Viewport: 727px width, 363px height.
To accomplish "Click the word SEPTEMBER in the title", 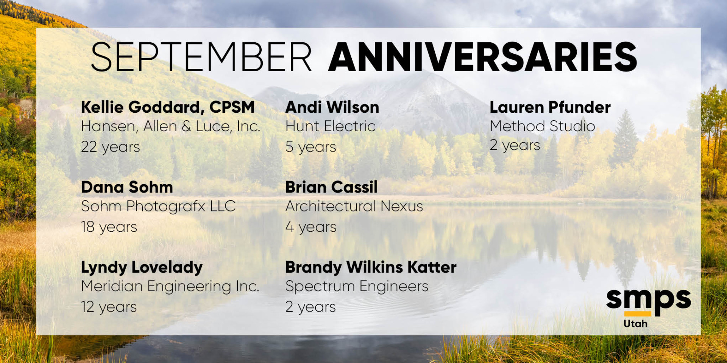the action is [201, 57].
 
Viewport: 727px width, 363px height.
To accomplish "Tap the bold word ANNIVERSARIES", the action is [483, 57].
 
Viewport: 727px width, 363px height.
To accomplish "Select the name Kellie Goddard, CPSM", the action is [168, 107].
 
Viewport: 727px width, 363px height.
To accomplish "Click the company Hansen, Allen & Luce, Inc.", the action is [171, 126].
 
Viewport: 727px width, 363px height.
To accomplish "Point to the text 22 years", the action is [111, 147].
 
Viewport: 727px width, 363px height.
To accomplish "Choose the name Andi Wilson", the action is [332, 107].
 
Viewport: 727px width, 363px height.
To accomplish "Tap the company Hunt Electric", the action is [331, 126].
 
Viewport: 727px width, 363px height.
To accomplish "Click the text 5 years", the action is [311, 147].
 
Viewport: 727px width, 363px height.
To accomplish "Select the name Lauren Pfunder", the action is [550, 107].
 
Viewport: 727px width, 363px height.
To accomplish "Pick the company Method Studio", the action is [543, 126].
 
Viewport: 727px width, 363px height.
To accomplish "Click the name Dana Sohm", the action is [127, 187].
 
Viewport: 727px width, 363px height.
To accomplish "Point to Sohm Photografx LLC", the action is [158, 206].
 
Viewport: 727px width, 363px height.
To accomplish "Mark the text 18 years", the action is [109, 227].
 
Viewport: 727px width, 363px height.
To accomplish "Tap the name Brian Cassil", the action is [331, 187].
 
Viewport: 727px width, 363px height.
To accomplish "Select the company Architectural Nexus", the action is [354, 206].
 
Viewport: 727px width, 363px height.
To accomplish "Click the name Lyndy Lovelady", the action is [142, 268].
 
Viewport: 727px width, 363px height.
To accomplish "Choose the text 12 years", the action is [109, 307].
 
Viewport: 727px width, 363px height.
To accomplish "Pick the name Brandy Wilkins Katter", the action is [371, 268].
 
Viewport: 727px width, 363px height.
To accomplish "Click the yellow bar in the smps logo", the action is [638, 313].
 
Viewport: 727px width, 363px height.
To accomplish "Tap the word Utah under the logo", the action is [635, 324].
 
